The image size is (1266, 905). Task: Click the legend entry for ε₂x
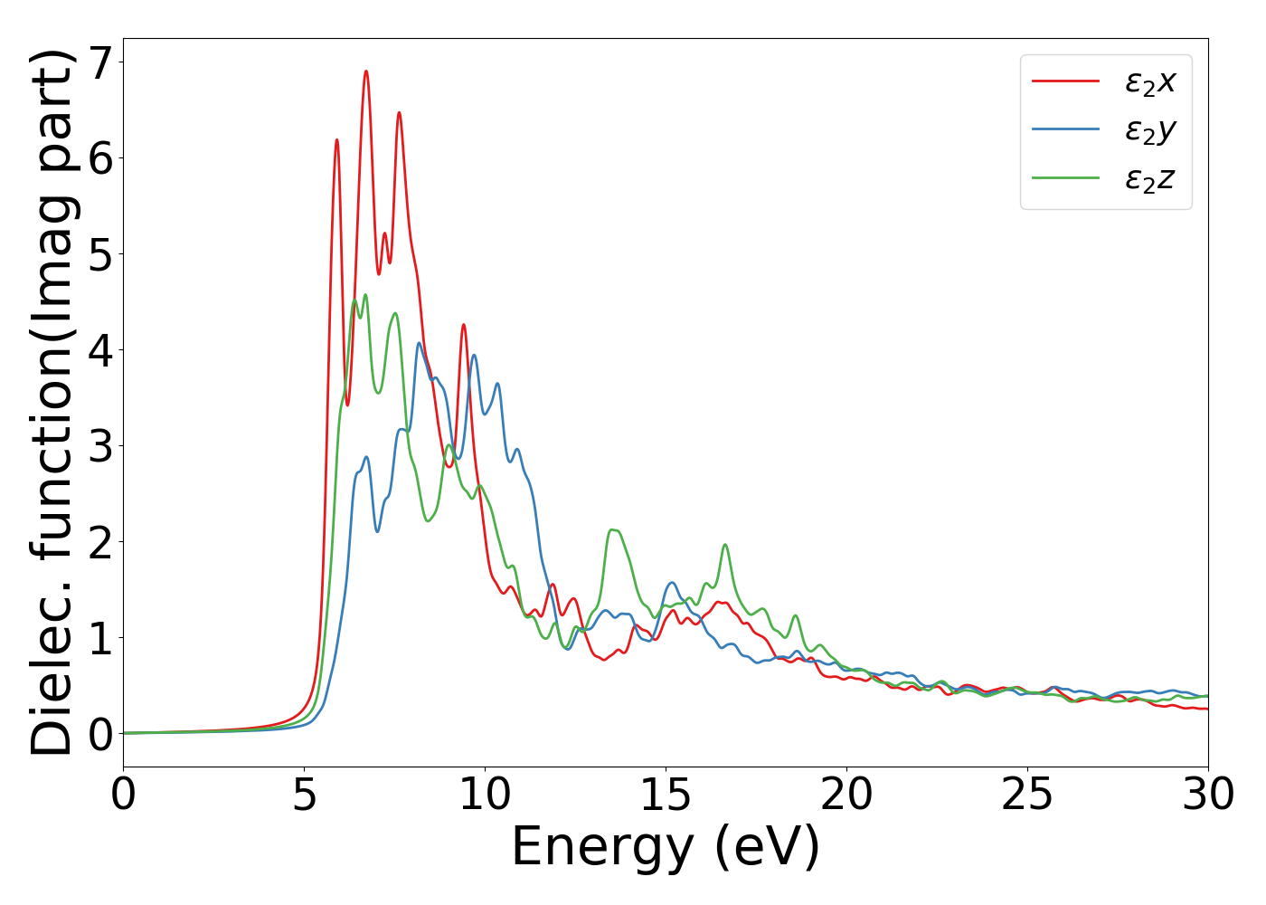[1149, 81]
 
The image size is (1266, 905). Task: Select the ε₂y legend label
[1149, 130]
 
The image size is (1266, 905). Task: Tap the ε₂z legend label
[1149, 179]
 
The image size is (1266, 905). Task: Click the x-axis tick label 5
[304, 795]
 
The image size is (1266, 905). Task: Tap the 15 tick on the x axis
[666, 795]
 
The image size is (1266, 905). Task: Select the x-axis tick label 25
[1027, 795]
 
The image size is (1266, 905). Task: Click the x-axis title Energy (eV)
[666, 848]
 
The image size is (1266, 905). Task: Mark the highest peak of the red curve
[366, 71]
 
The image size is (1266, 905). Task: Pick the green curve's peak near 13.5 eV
[613, 529]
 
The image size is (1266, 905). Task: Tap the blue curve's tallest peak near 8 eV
[419, 343]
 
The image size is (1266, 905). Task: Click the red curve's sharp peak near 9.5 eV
[463, 325]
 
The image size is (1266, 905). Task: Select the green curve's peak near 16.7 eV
[725, 545]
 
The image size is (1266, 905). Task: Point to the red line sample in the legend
[1065, 81]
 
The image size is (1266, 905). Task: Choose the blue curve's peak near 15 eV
[671, 583]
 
